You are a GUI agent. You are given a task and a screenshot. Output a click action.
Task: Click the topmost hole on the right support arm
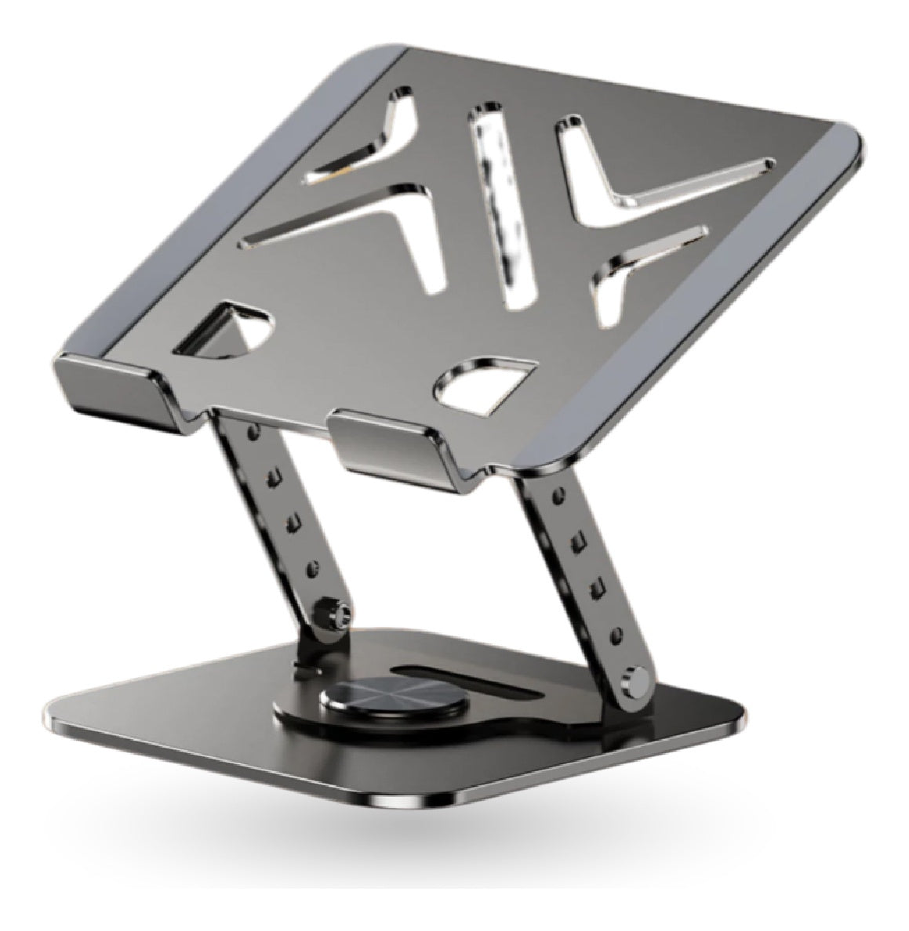(x=558, y=497)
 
